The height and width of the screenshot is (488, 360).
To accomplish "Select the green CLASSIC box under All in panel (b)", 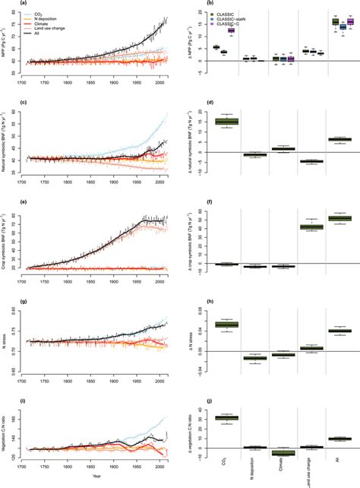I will [335, 22].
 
